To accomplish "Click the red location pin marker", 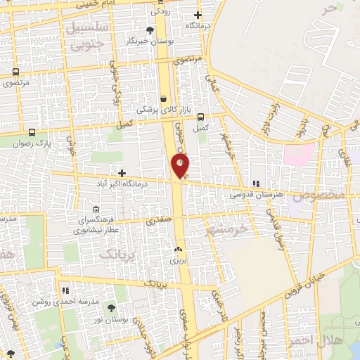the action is click(181, 166).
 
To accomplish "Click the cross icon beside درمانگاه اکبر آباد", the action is click(122, 173).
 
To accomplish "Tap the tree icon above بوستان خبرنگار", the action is click(150, 30).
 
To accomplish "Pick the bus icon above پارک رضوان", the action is click(32, 132).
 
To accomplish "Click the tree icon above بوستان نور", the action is click(110, 307).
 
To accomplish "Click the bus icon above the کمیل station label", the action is click(201, 117).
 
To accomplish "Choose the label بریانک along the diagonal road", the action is click(157, 283).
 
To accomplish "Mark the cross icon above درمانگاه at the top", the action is click(198, 15).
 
